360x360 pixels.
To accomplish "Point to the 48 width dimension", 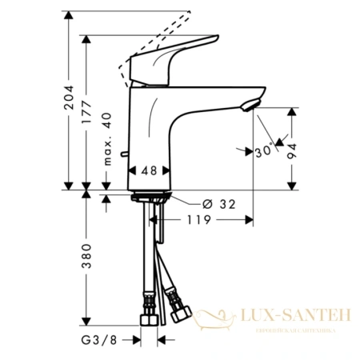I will pos(149,170).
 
